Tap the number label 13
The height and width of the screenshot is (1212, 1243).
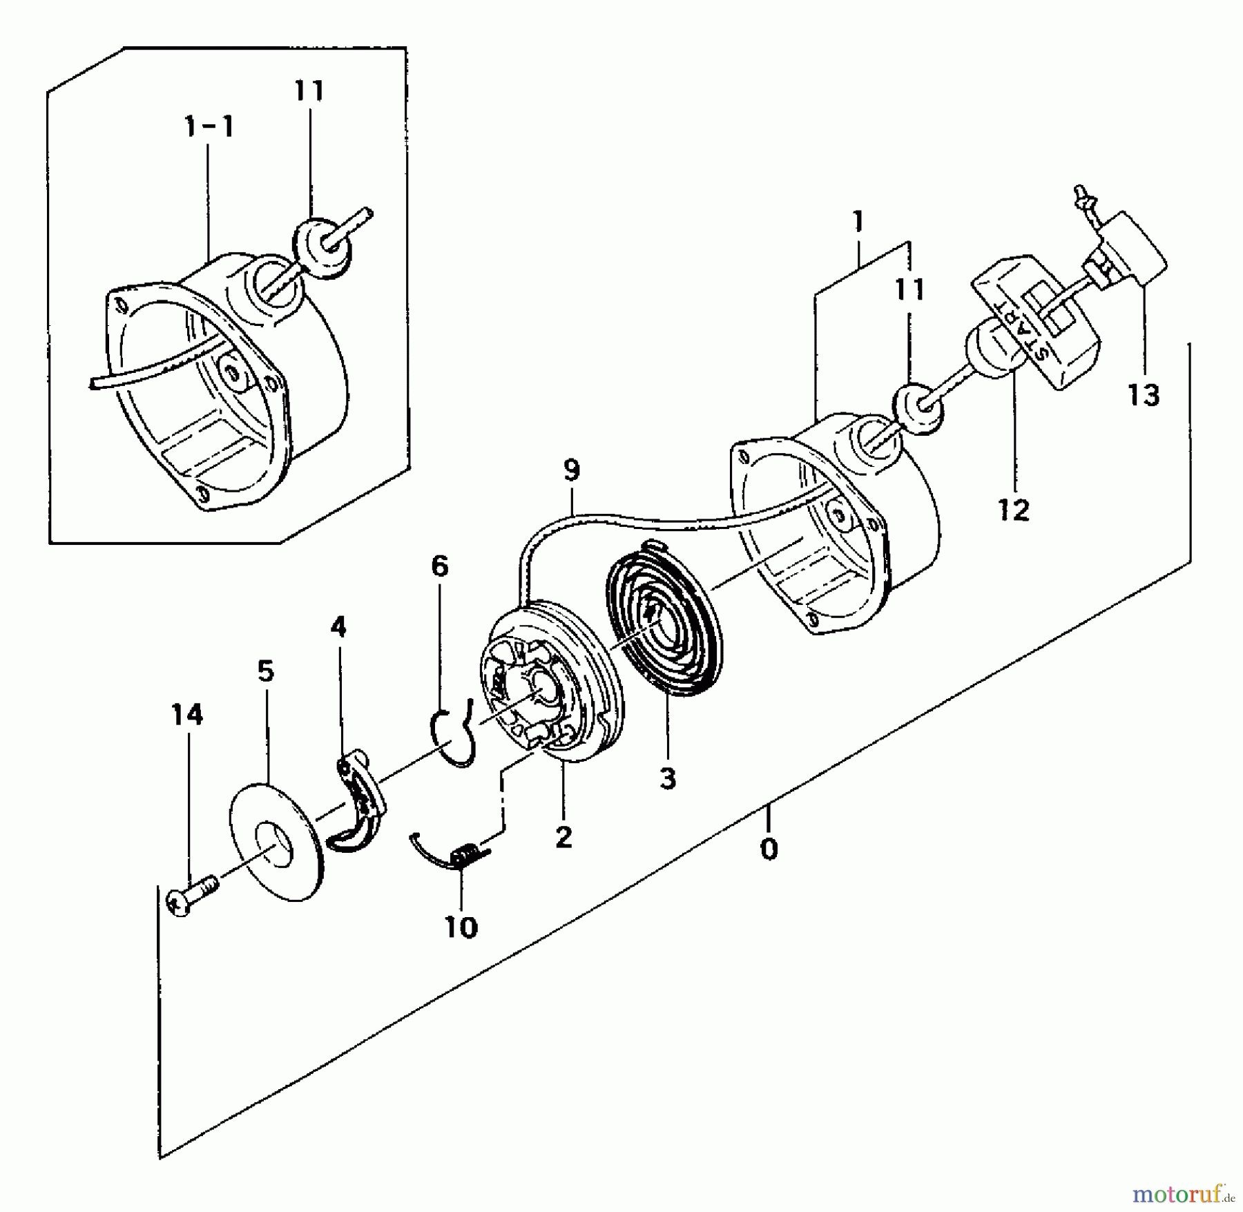1144,395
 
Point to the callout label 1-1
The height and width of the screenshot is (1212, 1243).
209,127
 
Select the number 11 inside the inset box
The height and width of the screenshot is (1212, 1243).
309,91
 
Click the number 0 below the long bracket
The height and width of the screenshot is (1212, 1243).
769,849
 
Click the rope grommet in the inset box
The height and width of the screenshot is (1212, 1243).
322,248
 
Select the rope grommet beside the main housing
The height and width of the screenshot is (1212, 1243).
919,409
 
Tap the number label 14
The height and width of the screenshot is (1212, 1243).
187,714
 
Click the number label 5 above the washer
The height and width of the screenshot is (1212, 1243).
266,671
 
